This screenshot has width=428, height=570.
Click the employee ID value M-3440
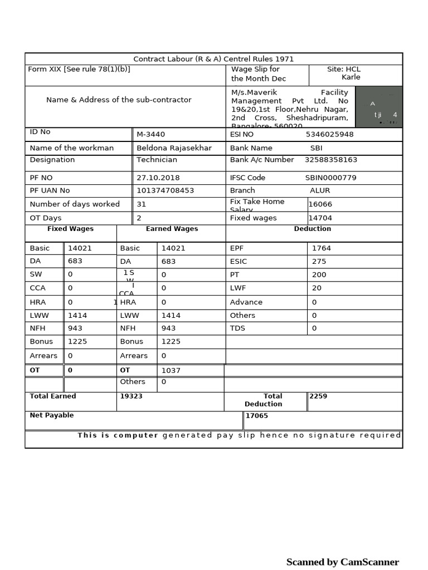tap(151, 134)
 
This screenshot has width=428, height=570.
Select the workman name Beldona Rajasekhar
tap(174, 148)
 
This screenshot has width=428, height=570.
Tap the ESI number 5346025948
tap(329, 134)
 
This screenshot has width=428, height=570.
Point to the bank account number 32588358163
tap(331, 160)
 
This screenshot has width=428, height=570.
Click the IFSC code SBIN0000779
tap(330, 178)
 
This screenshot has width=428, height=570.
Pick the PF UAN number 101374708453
tap(166, 190)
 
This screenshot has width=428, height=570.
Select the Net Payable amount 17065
tap(257, 416)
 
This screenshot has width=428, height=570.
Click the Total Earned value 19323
tap(132, 396)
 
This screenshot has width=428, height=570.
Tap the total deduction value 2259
tap(318, 396)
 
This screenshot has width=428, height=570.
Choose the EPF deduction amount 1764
tap(321, 248)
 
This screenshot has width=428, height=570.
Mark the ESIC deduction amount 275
tap(319, 262)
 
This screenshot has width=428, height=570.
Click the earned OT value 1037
tap(171, 371)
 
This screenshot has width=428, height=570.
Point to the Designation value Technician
tap(157, 160)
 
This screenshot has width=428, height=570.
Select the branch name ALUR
tap(320, 190)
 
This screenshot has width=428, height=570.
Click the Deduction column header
tap(313, 229)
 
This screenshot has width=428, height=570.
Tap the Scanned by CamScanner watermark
tap(342, 562)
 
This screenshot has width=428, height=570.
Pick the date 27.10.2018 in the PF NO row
tap(158, 178)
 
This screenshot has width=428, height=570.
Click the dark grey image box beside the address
tap(378, 106)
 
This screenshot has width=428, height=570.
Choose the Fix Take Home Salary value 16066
tap(320, 204)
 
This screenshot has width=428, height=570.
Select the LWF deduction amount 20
tap(317, 288)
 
